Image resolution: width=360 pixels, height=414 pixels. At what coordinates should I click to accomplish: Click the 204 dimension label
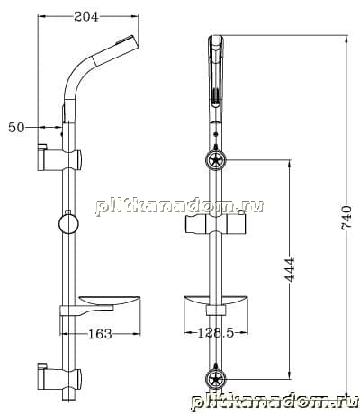coord(86,16)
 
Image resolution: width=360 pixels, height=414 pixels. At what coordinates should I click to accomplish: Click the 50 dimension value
coord(16,128)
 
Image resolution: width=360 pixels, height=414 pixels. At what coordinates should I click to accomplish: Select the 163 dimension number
coord(100,333)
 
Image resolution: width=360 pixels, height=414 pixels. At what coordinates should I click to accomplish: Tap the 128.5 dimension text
coord(216,332)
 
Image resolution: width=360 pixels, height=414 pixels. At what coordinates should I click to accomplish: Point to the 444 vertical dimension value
coord(290,269)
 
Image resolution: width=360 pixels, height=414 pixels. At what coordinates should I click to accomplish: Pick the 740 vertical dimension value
coord(346,218)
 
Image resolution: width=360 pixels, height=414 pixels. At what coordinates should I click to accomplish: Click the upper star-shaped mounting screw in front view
coord(216,160)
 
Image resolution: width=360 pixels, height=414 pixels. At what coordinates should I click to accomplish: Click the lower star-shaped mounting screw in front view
coord(216,379)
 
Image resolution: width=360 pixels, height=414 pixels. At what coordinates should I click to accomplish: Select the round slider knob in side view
coord(68,223)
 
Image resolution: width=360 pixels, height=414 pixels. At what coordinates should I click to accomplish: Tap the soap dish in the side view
coord(101,305)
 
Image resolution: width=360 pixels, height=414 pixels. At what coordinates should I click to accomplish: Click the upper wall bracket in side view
coord(59,158)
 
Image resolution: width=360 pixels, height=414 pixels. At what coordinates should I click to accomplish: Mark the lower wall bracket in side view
coord(59,376)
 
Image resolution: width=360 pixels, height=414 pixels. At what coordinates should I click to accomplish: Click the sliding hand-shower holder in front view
coord(216,224)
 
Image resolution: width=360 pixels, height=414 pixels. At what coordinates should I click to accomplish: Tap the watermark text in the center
coord(179,207)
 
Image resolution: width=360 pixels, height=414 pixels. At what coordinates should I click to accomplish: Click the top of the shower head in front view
coord(216,37)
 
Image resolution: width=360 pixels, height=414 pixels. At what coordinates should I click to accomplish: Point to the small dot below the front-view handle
coord(215,134)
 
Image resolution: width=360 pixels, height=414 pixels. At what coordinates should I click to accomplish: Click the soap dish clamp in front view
coord(216,310)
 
